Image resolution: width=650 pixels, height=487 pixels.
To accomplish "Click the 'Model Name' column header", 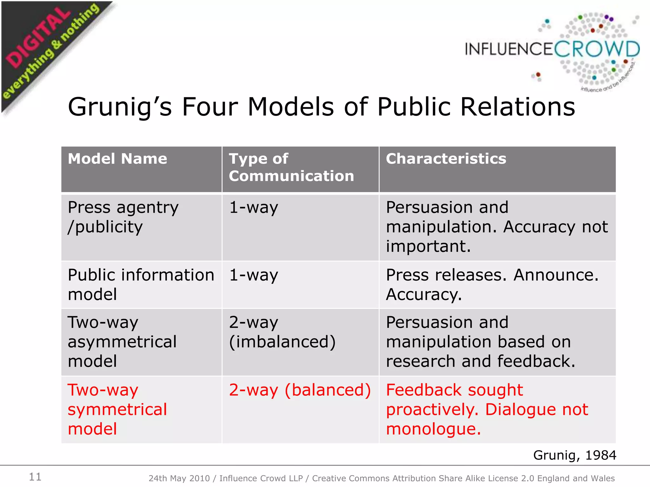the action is tap(117, 159).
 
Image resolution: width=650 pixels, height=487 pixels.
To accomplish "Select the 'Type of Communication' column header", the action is tap(291, 167).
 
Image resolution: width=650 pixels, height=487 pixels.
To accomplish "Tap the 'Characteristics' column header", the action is tap(446, 159).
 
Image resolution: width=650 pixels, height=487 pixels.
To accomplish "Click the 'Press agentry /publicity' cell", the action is tap(123, 217).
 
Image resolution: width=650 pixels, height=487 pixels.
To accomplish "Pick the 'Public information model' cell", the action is tap(141, 284).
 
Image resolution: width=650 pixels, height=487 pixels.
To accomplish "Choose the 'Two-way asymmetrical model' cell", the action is tap(122, 342).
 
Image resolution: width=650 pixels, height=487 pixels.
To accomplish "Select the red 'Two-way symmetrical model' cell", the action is tap(117, 409).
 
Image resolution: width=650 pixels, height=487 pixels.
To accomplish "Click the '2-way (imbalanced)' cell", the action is tap(282, 332).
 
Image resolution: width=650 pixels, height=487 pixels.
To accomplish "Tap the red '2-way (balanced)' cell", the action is tap(300, 390).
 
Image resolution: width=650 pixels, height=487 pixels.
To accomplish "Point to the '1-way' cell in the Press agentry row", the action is tap(254, 208).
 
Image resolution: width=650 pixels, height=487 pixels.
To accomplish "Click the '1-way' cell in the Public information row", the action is tap(254, 275).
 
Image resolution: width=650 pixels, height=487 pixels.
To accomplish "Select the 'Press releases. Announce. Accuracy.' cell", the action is tap(492, 284).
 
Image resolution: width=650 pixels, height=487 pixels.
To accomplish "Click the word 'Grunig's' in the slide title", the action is tap(120, 107).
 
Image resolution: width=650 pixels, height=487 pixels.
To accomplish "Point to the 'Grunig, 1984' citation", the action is tap(574, 455).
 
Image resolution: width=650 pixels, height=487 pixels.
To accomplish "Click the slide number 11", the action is tap(35, 477).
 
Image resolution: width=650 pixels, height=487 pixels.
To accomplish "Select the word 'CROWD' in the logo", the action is tap(597, 49).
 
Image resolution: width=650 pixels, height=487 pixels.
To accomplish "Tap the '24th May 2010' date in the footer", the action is tap(179, 478).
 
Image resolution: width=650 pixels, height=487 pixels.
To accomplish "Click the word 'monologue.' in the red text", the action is tap(433, 429).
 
